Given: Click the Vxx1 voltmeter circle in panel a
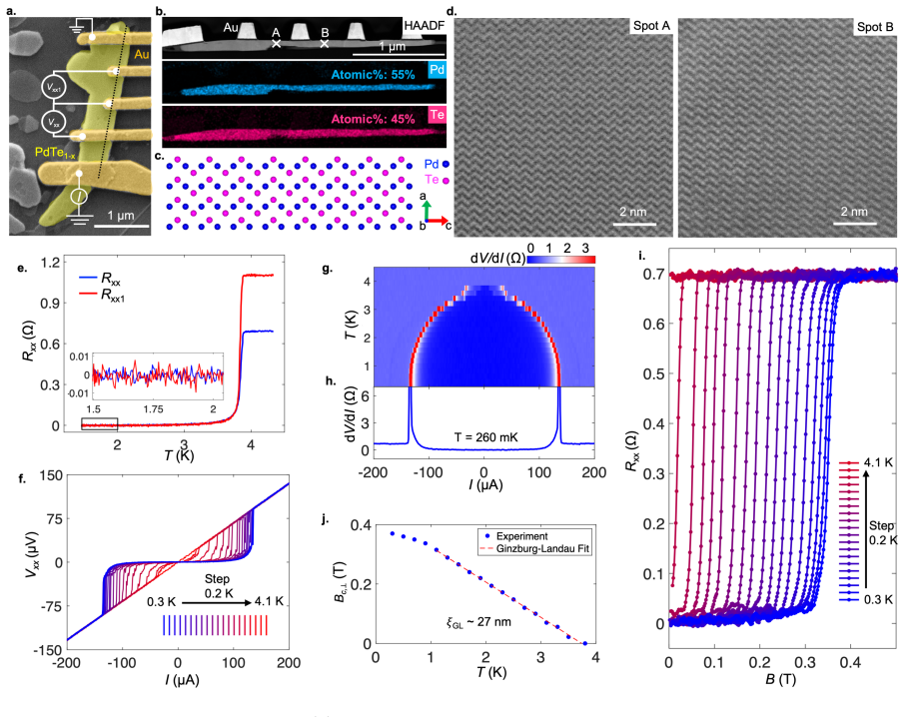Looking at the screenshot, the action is tap(54, 87).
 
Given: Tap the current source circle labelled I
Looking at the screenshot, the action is tap(80, 197).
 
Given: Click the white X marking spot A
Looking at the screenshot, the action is tap(276, 43).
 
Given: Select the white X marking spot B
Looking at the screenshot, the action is tap(325, 43).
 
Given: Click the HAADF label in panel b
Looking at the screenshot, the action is tap(425, 25).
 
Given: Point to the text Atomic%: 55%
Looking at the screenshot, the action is tap(373, 75).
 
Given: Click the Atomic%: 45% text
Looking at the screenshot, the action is tap(373, 119).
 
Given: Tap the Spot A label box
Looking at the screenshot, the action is tap(651, 26).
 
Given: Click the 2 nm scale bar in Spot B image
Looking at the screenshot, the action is tap(854, 224).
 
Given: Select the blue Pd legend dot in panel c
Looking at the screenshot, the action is tap(445, 165).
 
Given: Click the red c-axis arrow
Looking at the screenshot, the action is tap(437, 221).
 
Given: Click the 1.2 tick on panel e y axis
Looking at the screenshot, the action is tap(50, 263).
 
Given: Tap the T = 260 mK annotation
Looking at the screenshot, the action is tap(486, 437).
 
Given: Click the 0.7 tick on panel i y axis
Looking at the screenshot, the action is tap(653, 274).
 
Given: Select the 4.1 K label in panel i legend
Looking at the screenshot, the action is tap(878, 462).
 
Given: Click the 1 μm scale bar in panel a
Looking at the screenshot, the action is tap(121, 226).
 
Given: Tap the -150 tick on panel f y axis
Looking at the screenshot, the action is tap(50, 650).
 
